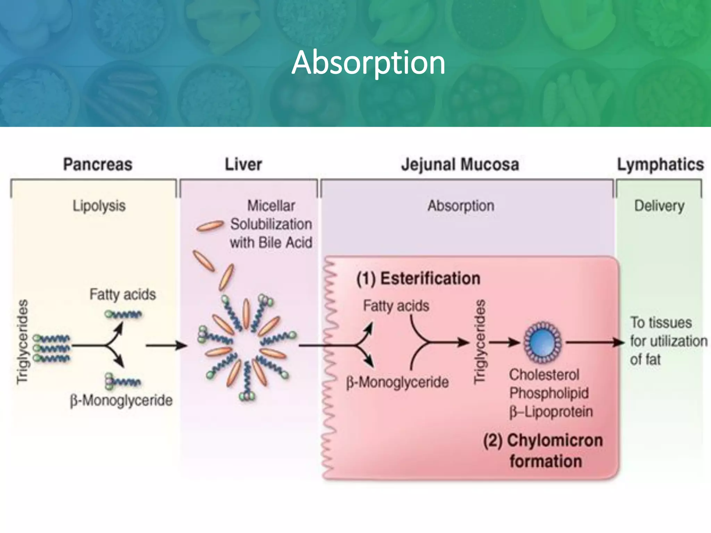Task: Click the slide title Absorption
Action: [x=368, y=62]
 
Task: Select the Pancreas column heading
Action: [x=98, y=164]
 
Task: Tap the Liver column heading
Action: [x=243, y=164]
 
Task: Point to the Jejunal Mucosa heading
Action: [x=460, y=164]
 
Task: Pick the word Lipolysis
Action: [x=99, y=206]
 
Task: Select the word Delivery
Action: [x=659, y=206]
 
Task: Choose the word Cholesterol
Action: [x=544, y=375]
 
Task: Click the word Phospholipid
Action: [x=549, y=393]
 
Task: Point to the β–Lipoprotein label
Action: [x=551, y=412]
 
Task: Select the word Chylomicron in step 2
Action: [x=555, y=441]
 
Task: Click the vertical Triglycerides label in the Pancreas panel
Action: [x=23, y=342]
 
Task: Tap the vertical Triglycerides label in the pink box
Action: [x=479, y=342]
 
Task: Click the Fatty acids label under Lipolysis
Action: [x=123, y=294]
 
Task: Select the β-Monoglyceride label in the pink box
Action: [x=397, y=382]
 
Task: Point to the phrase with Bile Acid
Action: [x=271, y=242]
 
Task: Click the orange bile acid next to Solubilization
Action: [x=210, y=226]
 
